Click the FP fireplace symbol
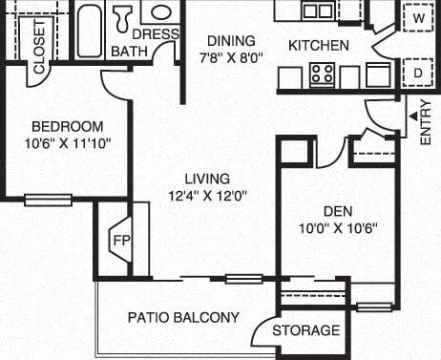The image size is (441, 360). [x=121, y=239]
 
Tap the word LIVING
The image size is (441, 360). [x=206, y=179]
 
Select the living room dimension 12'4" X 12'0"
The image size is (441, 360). [x=206, y=196]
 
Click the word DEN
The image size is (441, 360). [x=335, y=212]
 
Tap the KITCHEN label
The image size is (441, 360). [x=319, y=45]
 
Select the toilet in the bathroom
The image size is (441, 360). [x=123, y=16]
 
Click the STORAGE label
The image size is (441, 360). [x=305, y=330]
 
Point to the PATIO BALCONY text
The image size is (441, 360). [x=183, y=317]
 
